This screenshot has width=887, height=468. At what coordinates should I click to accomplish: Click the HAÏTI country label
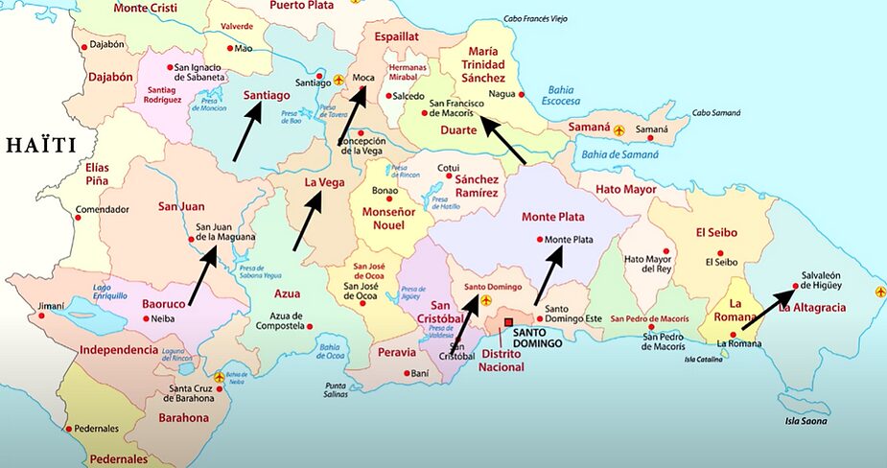(x=41, y=146)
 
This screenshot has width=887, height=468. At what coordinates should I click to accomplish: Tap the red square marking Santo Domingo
(x=509, y=322)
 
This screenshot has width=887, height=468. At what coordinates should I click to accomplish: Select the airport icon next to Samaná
(x=619, y=129)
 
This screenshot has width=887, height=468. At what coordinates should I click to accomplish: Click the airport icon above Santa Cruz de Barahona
(x=220, y=377)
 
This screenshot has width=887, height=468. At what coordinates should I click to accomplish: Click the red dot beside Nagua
(x=521, y=94)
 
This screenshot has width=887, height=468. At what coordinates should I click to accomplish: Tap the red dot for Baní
(x=407, y=373)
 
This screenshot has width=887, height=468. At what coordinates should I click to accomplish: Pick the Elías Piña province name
(x=97, y=174)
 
